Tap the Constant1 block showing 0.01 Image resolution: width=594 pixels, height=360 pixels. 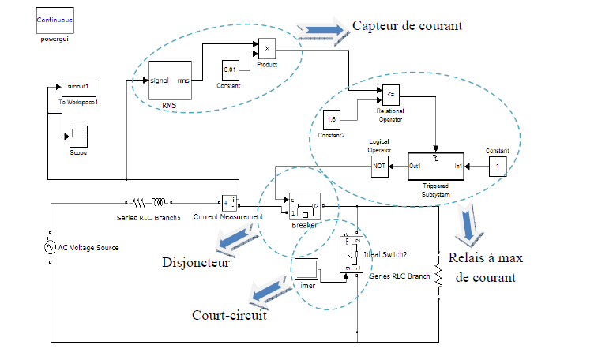click(231, 69)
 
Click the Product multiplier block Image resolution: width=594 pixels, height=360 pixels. click(266, 49)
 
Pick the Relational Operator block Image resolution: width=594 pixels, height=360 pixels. click(390, 95)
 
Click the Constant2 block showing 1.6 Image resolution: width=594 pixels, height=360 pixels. click(333, 121)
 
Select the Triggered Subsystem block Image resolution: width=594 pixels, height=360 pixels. click(436, 166)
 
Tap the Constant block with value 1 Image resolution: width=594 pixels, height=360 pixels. click(497, 167)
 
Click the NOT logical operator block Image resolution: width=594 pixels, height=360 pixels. click(380, 166)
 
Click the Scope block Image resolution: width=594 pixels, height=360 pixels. click(78, 135)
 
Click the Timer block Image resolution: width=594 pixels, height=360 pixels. click(306, 269)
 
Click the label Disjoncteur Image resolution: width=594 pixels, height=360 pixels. click(195, 262)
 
